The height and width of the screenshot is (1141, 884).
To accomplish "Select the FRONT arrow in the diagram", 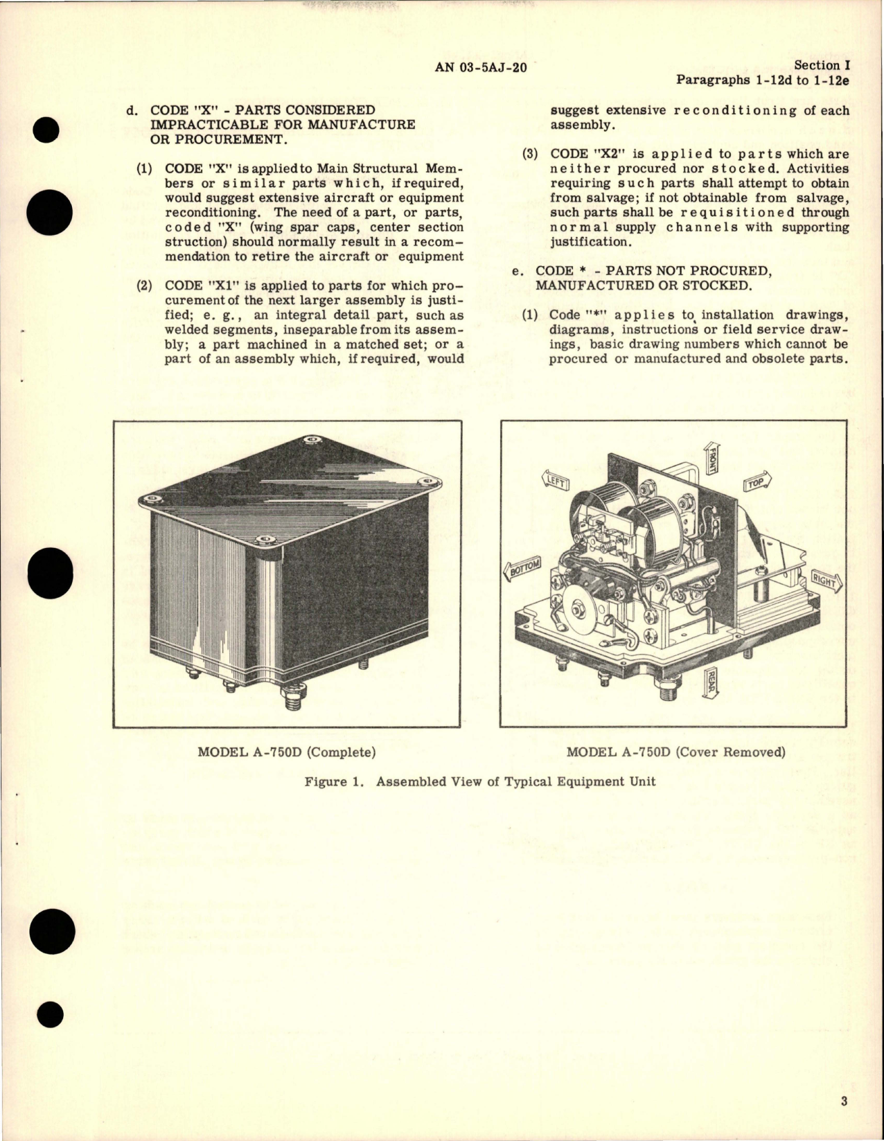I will tap(712, 458).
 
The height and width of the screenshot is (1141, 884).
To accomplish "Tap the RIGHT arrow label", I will tap(825, 581).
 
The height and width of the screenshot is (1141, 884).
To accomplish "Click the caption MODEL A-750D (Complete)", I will tap(286, 752).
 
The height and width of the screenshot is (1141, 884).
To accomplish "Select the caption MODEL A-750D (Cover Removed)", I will tap(675, 752).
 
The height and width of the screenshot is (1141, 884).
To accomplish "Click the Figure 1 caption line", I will tap(479, 781).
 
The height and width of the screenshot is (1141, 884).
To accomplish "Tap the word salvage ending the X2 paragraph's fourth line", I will tap(823, 198).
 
